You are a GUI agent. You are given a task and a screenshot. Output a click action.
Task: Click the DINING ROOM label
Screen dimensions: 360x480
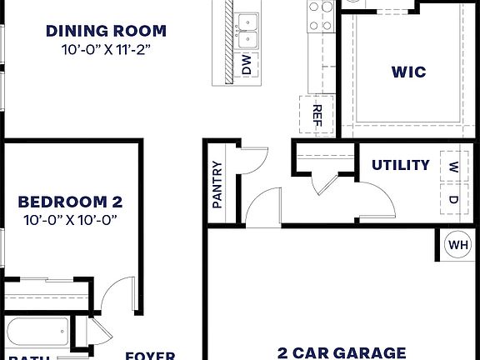tap(106, 32)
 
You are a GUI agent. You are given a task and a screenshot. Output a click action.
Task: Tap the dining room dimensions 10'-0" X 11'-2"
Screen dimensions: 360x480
tap(106, 50)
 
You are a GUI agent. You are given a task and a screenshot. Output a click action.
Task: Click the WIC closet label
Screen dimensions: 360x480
tap(408, 72)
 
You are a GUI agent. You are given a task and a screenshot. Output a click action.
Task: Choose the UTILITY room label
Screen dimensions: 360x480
tap(401, 165)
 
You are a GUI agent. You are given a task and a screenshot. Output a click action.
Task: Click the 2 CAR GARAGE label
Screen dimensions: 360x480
tap(342, 352)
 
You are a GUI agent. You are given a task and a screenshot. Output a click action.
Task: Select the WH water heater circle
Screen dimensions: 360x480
tap(458, 245)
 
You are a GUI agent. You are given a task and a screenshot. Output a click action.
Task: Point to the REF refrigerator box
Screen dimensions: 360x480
tap(317, 113)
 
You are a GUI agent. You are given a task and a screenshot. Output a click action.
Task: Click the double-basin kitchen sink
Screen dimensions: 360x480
tap(247, 30)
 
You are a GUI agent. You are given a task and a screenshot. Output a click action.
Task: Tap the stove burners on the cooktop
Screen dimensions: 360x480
tap(320, 15)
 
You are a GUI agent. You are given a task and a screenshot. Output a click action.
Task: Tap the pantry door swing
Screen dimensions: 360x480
tap(252, 158)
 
